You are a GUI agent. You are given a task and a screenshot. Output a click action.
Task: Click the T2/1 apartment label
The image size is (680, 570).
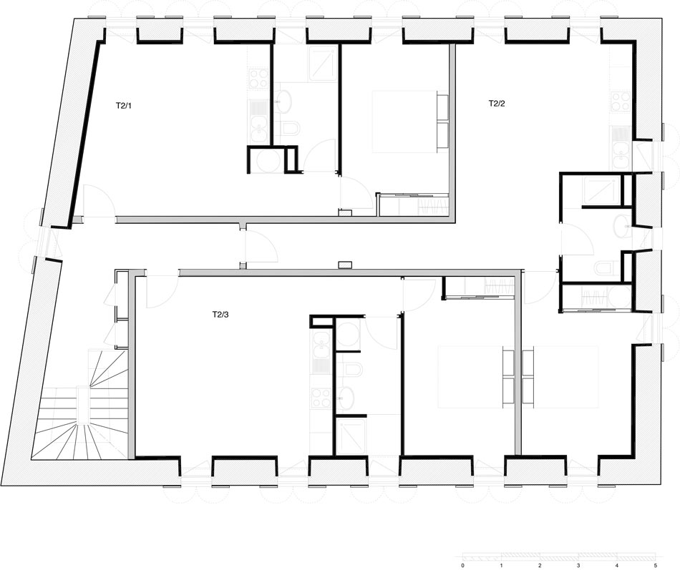click(x=124, y=105)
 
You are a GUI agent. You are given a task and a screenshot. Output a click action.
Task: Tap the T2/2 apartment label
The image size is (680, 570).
click(x=496, y=103)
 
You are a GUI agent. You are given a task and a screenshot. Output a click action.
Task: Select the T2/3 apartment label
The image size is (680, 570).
click(x=221, y=314)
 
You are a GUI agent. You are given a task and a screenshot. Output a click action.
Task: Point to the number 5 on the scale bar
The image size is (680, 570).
click(x=655, y=565)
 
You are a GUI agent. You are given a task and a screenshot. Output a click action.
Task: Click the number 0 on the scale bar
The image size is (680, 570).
click(x=463, y=565)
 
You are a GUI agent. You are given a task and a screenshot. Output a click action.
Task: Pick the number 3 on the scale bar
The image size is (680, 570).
click(x=578, y=565)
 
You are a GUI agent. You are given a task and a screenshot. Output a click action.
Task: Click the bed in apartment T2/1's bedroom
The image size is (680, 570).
click(x=404, y=122)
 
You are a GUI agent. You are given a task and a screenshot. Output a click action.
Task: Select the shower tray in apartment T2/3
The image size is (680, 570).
click(x=351, y=436)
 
